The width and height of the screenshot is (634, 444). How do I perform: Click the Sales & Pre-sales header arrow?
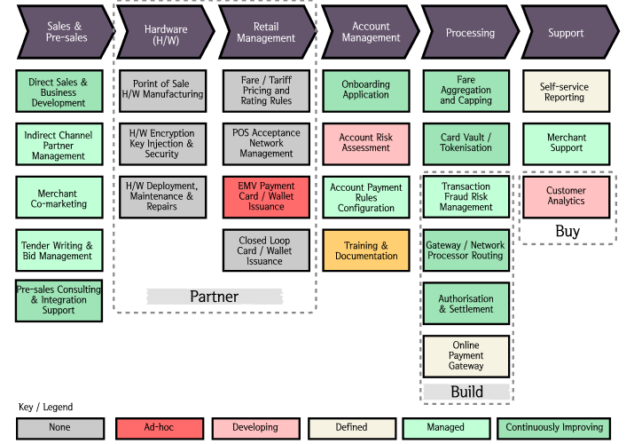64,33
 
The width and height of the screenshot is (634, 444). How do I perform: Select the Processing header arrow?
470,33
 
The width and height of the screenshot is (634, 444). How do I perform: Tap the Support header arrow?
566,33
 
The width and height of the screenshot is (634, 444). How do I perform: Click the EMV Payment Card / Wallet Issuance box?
266,197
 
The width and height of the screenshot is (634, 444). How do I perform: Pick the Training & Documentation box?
366,251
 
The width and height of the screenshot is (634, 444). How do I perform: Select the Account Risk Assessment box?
366,143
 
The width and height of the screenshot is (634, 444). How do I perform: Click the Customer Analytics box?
566,196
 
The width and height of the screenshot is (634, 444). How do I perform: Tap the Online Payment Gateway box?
466,356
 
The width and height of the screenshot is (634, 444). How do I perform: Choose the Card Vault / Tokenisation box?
466,143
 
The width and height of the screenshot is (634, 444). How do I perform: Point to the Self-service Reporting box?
566,91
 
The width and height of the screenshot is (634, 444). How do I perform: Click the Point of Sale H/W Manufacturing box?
163,90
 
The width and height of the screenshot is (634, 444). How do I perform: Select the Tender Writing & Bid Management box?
59,251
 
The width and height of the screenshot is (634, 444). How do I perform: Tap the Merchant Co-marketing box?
59,198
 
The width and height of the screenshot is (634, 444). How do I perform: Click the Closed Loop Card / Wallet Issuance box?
266,251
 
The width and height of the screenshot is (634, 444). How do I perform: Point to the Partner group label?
214,297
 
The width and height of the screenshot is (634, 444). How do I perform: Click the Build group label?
466,392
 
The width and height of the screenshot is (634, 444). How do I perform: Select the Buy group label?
567,232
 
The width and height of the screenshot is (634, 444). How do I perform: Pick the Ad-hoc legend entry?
159,427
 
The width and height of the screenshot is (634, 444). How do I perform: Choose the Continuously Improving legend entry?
554,427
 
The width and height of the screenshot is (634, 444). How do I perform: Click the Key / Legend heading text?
45,407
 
